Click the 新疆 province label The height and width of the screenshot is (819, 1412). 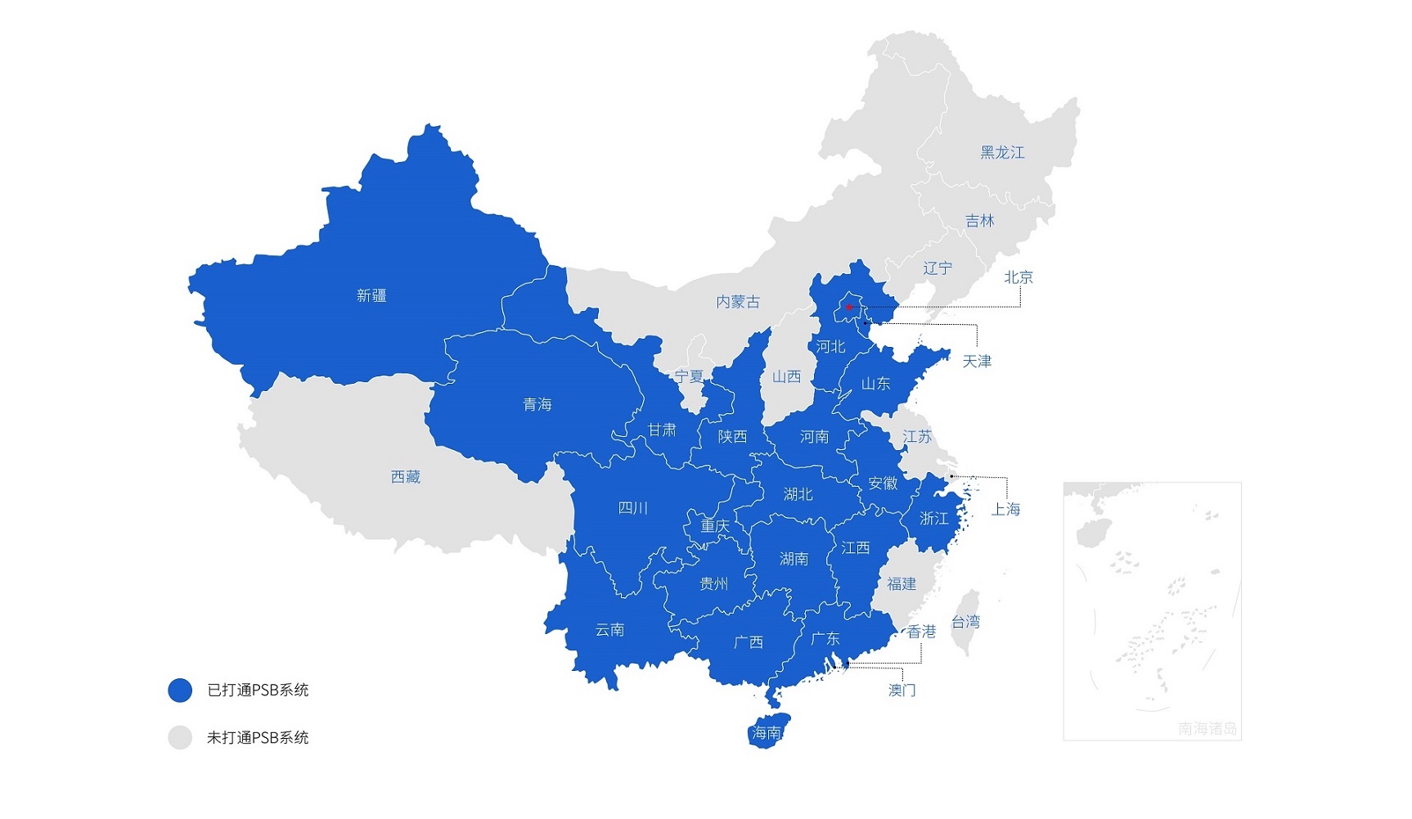[x=371, y=295]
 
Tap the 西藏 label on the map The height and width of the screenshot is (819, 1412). [x=406, y=476]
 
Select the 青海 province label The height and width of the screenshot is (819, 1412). [x=537, y=404]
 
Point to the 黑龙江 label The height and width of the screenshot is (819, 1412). [x=1002, y=152]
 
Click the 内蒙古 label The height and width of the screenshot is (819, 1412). [x=738, y=302]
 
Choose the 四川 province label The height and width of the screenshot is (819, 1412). [x=632, y=508]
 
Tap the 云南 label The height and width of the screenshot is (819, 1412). [x=609, y=629]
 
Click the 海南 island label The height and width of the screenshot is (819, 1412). [x=767, y=732]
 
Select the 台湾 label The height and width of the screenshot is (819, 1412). [x=965, y=622]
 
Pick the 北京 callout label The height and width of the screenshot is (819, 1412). [x=1019, y=277]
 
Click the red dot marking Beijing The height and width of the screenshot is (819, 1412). [x=849, y=307]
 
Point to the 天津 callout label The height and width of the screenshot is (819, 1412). [x=977, y=361]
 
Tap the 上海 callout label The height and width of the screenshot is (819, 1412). [x=1005, y=509]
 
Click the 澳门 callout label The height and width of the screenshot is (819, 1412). [x=902, y=690]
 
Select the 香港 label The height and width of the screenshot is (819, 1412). [x=922, y=631]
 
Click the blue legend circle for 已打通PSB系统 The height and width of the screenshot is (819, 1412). [x=180, y=690]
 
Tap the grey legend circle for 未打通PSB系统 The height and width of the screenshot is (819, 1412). [x=180, y=737]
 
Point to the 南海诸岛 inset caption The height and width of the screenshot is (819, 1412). [x=1207, y=727]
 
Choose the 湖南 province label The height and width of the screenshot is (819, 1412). [x=794, y=558]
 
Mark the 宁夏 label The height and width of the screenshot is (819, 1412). [x=689, y=376]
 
